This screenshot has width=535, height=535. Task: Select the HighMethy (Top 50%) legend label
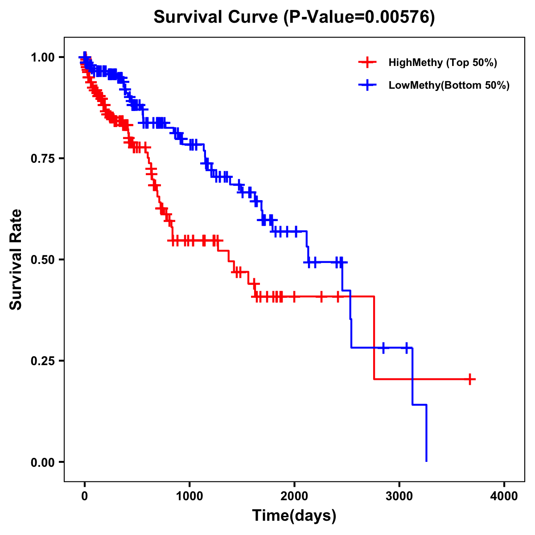442,62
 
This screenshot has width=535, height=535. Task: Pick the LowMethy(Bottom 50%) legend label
449,85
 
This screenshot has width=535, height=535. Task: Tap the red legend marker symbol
367,62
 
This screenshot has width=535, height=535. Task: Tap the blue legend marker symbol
367,85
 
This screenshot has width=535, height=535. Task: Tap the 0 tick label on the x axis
85,496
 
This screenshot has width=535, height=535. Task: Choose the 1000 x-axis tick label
189,496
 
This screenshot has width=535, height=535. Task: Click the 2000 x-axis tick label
294,496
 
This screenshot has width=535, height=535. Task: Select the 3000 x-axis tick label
399,496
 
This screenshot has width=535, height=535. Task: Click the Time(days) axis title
294,516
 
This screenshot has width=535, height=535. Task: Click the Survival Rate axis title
16,259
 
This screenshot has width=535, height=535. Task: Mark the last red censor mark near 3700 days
470,379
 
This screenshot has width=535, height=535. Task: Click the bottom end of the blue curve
427,461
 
